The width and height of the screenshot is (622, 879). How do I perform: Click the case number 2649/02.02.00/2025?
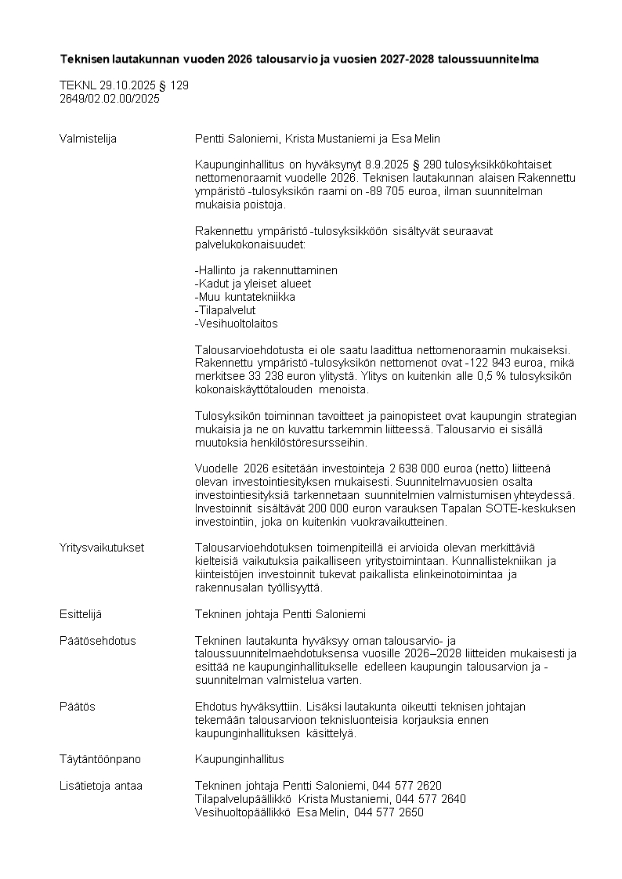110,99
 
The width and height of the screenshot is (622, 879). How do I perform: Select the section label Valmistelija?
88,139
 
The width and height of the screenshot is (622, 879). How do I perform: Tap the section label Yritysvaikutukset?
101,548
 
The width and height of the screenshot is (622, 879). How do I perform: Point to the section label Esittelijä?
81,614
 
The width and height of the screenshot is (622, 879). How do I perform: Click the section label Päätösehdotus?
97,640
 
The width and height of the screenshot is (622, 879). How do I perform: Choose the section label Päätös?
77,707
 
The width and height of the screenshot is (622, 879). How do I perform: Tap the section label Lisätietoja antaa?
101,786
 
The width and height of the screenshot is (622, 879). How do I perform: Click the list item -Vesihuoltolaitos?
236,324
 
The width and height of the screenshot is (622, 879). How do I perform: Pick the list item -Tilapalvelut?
225,310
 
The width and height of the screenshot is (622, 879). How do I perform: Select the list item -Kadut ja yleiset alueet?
252,284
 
